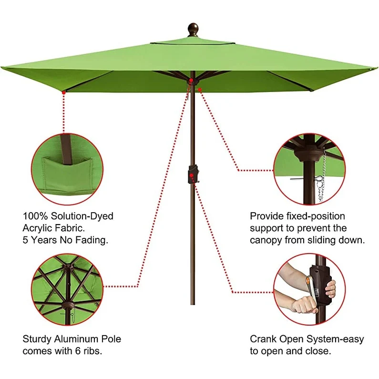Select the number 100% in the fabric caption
pos(35,216)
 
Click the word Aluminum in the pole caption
pos(76,339)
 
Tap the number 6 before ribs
pos(83,351)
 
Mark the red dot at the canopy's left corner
pos(63,92)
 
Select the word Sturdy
pos(37,339)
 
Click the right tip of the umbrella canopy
pos(374,70)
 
